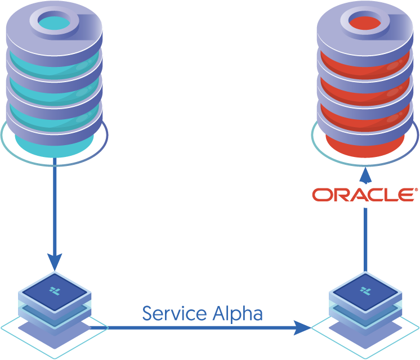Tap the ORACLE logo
[365, 195]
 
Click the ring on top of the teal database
[54, 21]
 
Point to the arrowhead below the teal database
[55, 261]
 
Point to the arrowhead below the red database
[366, 176]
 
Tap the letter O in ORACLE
[323, 195]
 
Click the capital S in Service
[148, 313]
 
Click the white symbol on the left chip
[55, 290]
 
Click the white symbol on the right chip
[365, 290]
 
